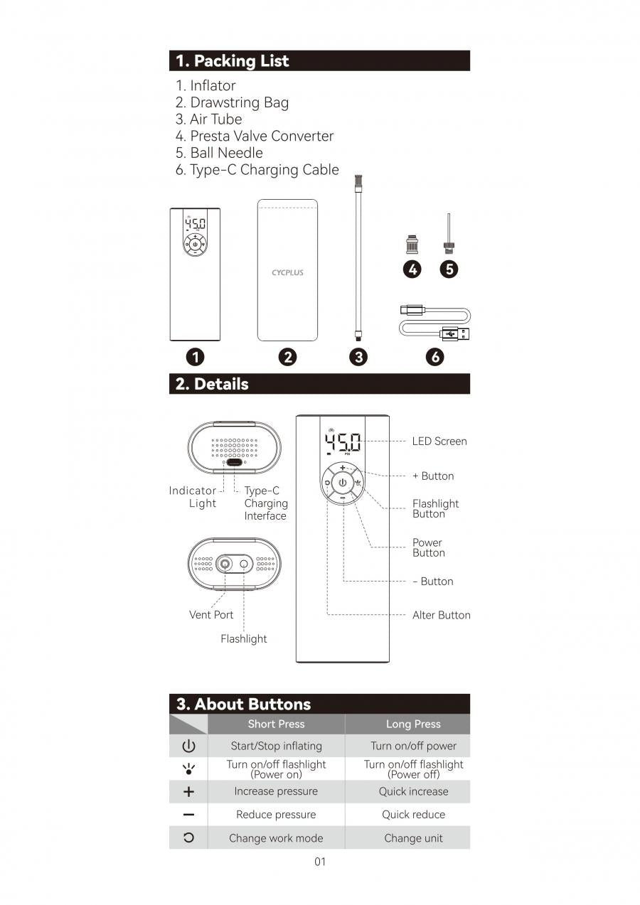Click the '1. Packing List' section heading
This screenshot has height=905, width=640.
coord(233,61)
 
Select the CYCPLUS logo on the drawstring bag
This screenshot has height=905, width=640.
coord(287,272)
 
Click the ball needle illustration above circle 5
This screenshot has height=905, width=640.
coord(448,234)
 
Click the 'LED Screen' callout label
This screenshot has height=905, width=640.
coord(439,441)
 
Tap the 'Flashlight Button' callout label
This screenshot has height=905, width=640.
coord(435,508)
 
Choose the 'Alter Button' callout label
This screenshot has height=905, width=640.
coord(441,615)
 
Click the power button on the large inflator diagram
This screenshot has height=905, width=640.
coord(342,483)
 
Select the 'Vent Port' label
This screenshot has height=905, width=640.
coord(211,615)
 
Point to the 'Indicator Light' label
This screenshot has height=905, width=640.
coord(193,497)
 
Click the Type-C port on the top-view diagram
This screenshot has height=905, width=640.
coord(234,461)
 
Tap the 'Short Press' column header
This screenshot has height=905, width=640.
coord(276,724)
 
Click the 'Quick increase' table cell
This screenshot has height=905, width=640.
coord(413,791)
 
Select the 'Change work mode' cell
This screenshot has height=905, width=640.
coord(276,838)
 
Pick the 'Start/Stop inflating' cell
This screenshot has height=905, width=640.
coord(276,746)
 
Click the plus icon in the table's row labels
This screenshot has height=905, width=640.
coord(188,792)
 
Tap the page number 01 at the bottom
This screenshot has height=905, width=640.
coord(320,862)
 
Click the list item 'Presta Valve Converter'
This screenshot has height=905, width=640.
coord(255,136)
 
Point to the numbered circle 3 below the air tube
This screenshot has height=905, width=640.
coord(358,357)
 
